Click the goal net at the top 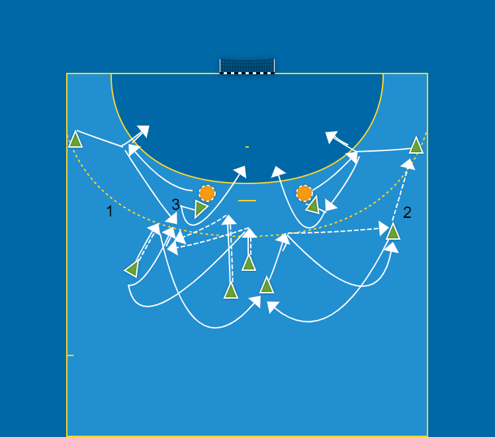click(x=247, y=66)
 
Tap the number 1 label click(x=109, y=212)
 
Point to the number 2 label click(x=407, y=213)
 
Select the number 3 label click(x=175, y=205)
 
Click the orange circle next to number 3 click(x=207, y=193)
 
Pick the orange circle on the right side click(x=304, y=193)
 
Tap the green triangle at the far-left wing click(x=75, y=140)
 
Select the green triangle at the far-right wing click(x=416, y=146)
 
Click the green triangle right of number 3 click(x=200, y=209)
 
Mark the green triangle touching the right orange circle click(x=313, y=205)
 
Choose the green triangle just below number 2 click(x=392, y=231)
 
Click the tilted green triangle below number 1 click(x=132, y=269)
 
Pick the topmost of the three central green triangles click(x=249, y=264)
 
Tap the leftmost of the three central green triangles click(x=231, y=291)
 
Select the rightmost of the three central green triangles click(x=267, y=285)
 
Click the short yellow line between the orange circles click(x=247, y=200)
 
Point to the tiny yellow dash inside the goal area click(x=247, y=146)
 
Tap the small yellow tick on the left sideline click(x=70, y=356)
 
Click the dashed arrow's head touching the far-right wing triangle click(x=409, y=164)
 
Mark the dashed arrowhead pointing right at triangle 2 click(x=383, y=229)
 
